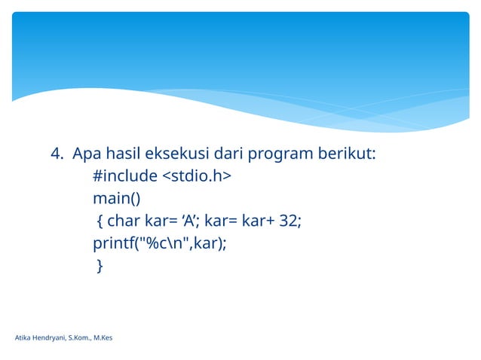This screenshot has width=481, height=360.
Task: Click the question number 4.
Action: (57, 154)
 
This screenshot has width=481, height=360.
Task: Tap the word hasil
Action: (124, 154)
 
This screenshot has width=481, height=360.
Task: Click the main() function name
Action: (116, 198)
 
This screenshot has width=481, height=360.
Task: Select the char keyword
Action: (122, 221)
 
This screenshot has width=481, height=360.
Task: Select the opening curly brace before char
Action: (100, 221)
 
